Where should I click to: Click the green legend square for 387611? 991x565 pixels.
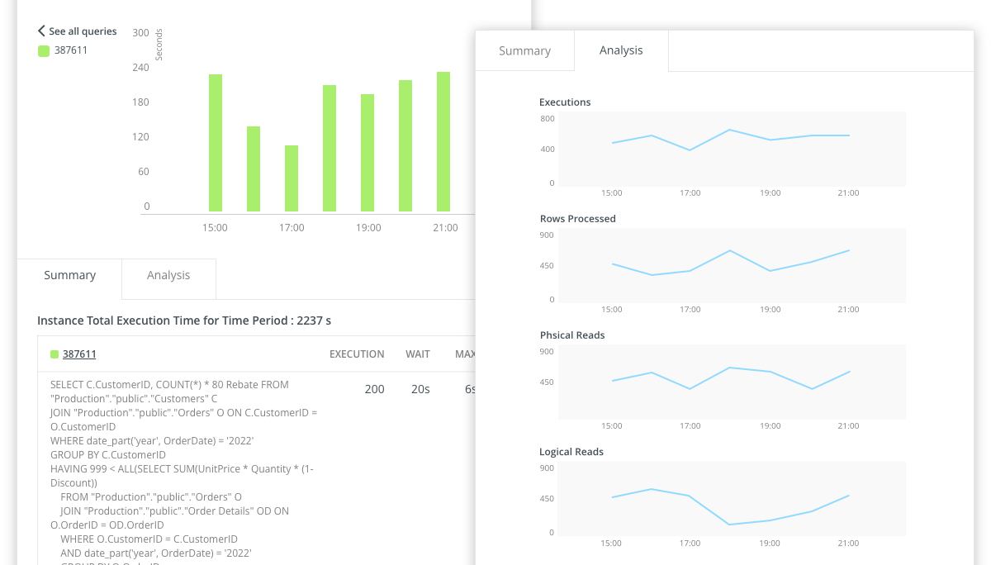[x=44, y=50]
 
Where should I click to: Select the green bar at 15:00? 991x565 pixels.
[x=216, y=143]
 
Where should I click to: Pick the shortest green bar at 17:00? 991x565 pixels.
[x=292, y=178]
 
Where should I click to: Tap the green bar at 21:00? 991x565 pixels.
[x=443, y=141]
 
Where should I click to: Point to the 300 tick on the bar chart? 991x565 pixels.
[x=140, y=33]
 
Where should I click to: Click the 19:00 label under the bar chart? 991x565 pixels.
[x=368, y=228]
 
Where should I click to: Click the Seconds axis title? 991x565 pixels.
[x=159, y=45]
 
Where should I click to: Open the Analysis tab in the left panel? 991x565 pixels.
[x=168, y=276]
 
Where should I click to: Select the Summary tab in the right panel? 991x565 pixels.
[x=524, y=51]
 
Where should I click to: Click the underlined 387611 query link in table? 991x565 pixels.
[x=79, y=354]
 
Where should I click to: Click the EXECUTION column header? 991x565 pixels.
[x=357, y=354]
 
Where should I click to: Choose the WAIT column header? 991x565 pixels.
[x=418, y=354]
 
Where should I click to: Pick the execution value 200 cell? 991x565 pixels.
[x=374, y=389]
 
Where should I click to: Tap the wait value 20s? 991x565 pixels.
[x=420, y=389]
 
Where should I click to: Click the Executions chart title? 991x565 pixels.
[x=565, y=102]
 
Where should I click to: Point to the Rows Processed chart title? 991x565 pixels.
[x=577, y=219]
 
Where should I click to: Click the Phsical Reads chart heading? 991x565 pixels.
[x=571, y=335]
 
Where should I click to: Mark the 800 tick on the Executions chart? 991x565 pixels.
[x=548, y=119]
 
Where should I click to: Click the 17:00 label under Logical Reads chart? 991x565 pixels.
[x=690, y=543]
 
